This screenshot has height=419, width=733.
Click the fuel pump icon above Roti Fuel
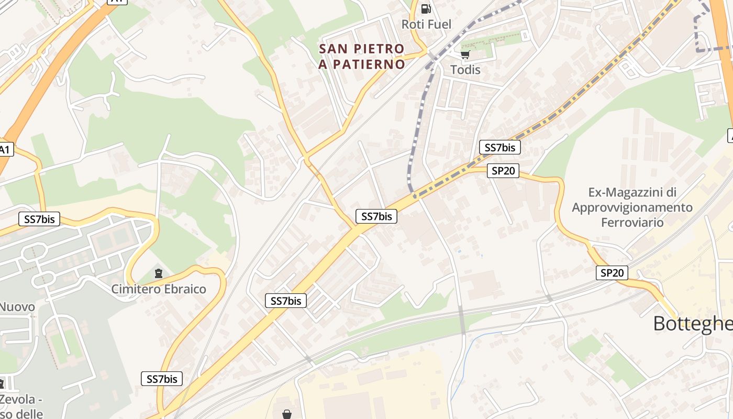click(426, 8)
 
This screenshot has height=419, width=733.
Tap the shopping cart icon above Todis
click(465, 54)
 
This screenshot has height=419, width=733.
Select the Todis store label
click(465, 70)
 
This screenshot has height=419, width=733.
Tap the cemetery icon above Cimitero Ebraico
click(158, 273)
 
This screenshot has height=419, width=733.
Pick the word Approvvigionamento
click(632, 207)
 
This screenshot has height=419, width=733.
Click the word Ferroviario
click(632, 222)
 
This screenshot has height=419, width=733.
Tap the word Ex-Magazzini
click(632, 192)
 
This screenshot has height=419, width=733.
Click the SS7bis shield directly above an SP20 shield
click(499, 147)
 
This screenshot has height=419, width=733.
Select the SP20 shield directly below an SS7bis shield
click(503, 171)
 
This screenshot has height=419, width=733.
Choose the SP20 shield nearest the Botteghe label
click(612, 273)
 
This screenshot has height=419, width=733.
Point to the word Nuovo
click(17, 307)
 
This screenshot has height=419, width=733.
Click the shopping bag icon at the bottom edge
click(286, 414)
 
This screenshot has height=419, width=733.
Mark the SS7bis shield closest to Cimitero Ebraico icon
click(39, 219)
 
